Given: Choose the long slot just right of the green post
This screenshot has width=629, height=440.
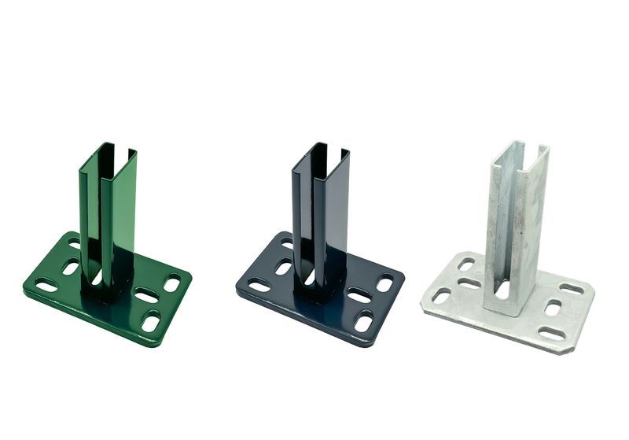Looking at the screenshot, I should coord(146,296).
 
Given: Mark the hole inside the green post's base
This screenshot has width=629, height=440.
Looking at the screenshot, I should coord(97,278).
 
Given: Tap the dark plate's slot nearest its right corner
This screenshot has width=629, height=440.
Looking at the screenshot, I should coord(384,283).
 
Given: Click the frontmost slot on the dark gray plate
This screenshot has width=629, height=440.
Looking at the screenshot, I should coord(363,321).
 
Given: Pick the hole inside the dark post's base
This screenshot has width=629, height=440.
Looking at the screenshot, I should coord(311,278).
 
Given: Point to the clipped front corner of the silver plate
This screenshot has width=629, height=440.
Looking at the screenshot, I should coord(565,347).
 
